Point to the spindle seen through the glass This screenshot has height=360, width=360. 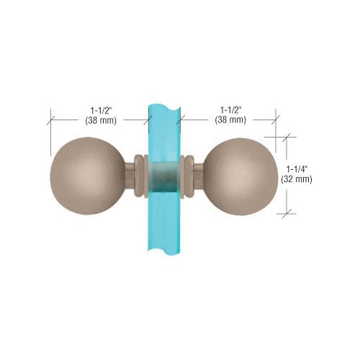[165, 174]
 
